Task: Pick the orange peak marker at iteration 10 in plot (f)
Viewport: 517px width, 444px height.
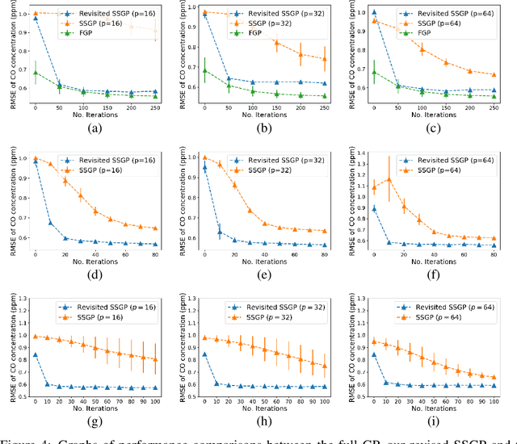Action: click(389, 179)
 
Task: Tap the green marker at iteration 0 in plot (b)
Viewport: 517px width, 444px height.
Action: click(205, 70)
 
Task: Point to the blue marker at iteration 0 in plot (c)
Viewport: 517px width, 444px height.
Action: click(373, 13)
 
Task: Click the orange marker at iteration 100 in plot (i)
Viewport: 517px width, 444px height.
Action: click(494, 377)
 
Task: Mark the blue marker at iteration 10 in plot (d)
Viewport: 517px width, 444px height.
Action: click(50, 223)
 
